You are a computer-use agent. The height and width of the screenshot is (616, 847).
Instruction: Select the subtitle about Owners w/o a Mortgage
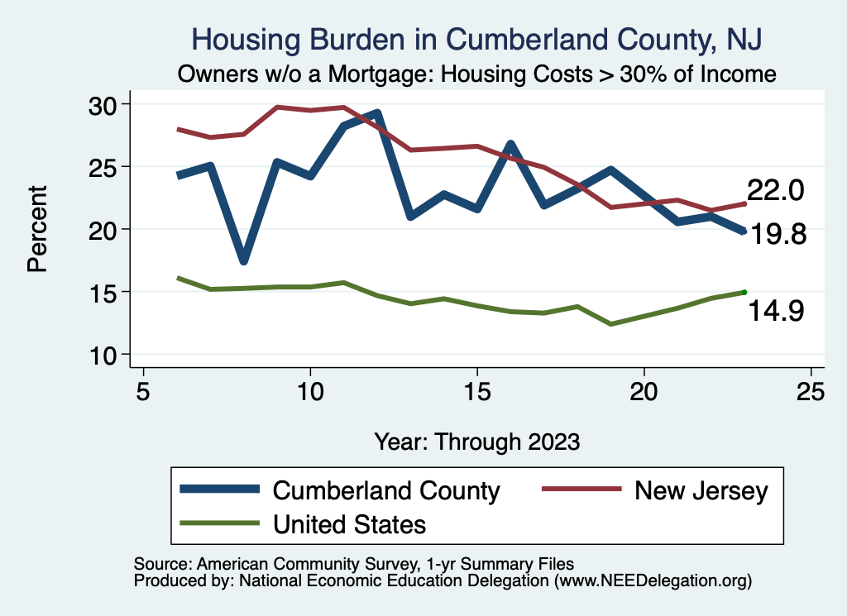(477, 74)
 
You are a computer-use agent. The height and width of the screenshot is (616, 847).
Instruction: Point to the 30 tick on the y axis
(105, 104)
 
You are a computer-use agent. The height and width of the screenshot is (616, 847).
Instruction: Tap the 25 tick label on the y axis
(105, 166)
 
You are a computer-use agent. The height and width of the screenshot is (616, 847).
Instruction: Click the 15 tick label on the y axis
(105, 291)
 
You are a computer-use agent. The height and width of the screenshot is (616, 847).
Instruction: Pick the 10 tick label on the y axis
(105, 354)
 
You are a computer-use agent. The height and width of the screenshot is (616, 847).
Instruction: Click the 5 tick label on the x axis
(144, 391)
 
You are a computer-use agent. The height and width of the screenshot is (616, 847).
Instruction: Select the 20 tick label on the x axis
(643, 391)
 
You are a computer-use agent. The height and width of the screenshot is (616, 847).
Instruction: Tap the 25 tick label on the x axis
(810, 391)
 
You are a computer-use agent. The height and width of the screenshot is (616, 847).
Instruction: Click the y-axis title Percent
(36, 229)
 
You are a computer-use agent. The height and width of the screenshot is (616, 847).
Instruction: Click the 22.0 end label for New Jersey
(776, 190)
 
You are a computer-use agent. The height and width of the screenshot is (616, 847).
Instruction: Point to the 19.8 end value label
(778, 235)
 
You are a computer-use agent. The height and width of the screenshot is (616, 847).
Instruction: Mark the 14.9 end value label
(777, 311)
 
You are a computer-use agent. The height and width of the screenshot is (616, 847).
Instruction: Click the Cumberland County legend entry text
(386, 490)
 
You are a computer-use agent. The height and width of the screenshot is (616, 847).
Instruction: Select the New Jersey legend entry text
(701, 490)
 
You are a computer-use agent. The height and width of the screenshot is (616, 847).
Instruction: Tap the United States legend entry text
(349, 523)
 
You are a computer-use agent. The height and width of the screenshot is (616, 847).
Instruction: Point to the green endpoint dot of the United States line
(744, 292)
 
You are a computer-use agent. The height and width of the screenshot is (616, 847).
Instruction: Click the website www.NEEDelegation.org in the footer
(653, 581)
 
